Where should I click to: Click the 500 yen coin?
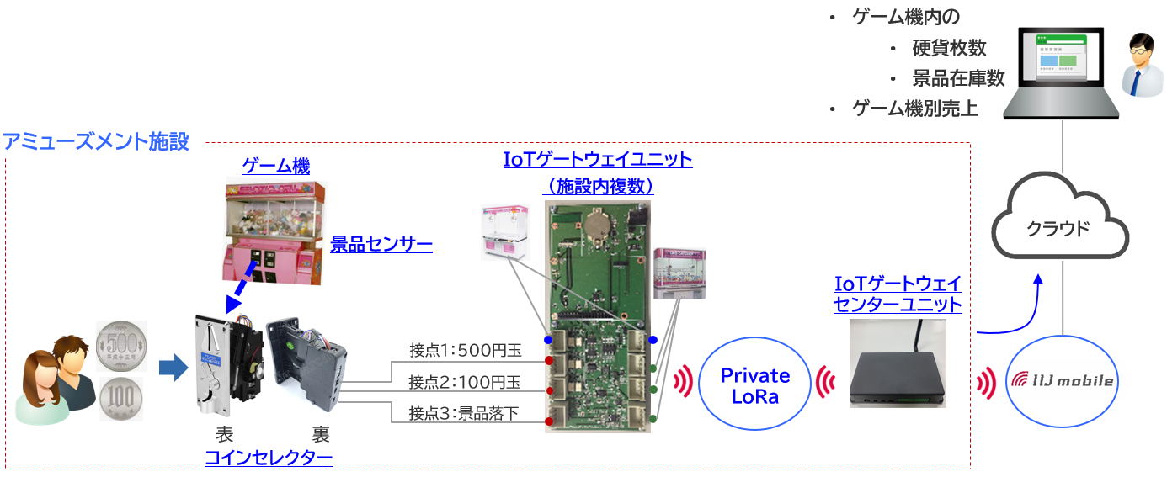[x=122, y=346]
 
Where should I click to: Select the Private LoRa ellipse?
[x=755, y=386]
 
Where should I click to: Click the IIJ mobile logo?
[x=1062, y=381]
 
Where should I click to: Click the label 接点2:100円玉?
[x=465, y=382]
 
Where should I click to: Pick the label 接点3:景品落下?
[x=465, y=414]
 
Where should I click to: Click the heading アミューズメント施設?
[x=96, y=141]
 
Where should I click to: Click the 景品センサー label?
[x=381, y=245]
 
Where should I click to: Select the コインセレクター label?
[x=269, y=458]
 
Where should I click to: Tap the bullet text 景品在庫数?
[x=958, y=78]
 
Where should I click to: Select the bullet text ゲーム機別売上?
[x=915, y=109]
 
